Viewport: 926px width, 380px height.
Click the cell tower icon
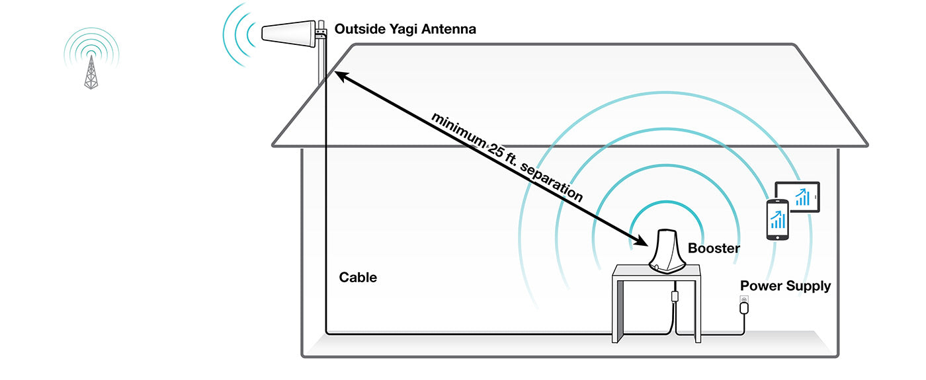91,71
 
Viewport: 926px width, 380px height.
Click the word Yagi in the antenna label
395,30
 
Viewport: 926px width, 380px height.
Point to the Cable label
358,278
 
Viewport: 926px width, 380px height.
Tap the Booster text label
714,248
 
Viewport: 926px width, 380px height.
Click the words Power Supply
785,286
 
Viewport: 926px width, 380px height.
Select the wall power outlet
744,305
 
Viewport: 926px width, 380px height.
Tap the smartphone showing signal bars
778,220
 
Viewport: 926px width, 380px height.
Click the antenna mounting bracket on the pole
321,31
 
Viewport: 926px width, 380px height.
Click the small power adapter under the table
675,295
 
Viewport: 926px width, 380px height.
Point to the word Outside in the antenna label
357,30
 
